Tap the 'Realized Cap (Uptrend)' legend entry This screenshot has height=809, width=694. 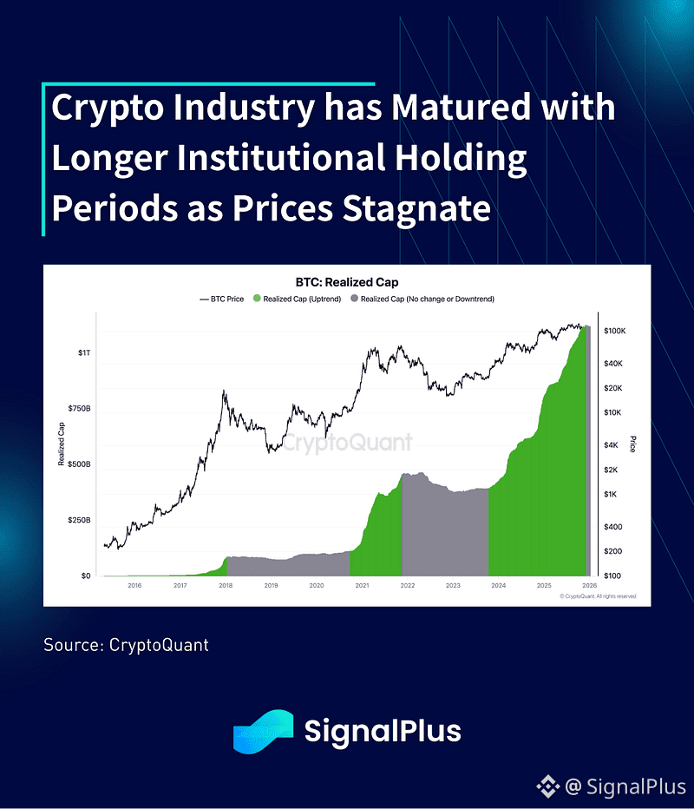(x=300, y=299)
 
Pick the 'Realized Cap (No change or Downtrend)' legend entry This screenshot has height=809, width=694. (x=422, y=299)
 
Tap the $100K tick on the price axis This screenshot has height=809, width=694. (x=615, y=332)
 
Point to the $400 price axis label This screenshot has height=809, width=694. (x=612, y=527)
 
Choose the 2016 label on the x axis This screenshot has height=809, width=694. (x=134, y=586)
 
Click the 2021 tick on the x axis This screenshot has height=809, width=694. (x=362, y=586)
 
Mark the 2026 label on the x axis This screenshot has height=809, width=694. (x=589, y=586)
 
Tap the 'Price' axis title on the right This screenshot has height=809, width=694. (x=634, y=445)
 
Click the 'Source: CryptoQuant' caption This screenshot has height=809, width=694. (x=127, y=645)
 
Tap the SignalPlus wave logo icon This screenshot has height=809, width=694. (x=263, y=731)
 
